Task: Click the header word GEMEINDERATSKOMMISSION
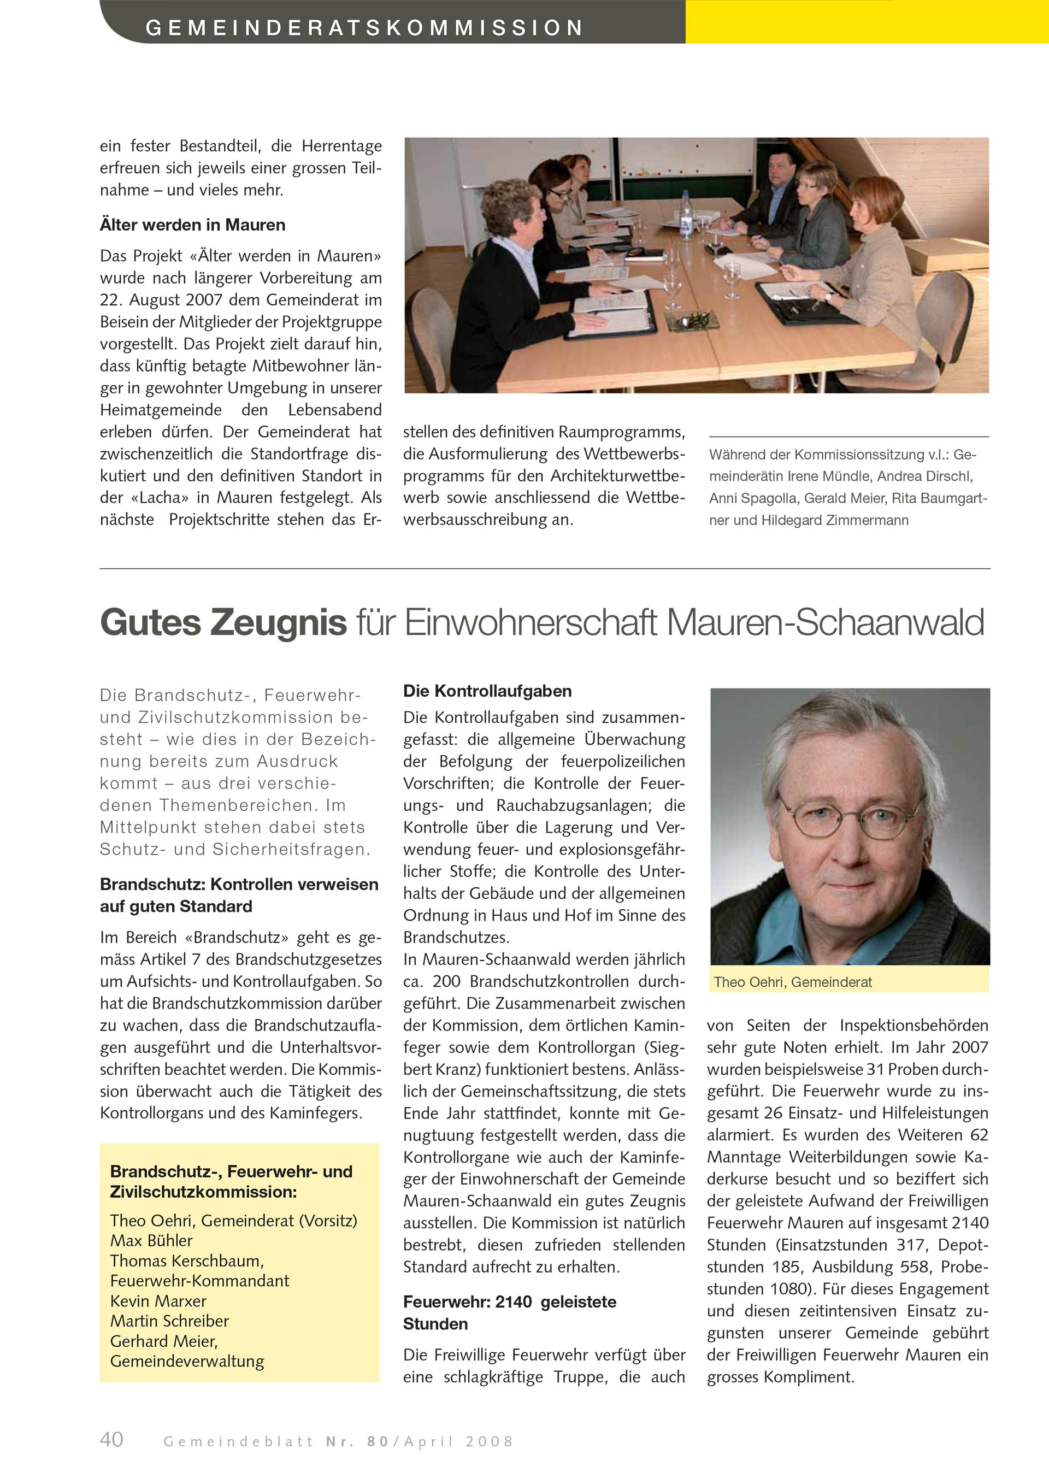click(x=364, y=28)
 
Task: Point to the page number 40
click(x=112, y=1439)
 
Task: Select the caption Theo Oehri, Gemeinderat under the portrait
click(x=792, y=982)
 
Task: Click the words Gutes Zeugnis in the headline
click(x=223, y=622)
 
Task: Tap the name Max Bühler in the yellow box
click(x=151, y=1240)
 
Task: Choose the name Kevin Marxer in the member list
click(x=158, y=1300)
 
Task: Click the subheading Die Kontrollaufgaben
click(x=487, y=691)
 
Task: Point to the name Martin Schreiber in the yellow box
click(x=169, y=1321)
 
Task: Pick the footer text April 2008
click(x=458, y=1441)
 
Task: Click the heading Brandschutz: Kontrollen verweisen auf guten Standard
click(x=239, y=895)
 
